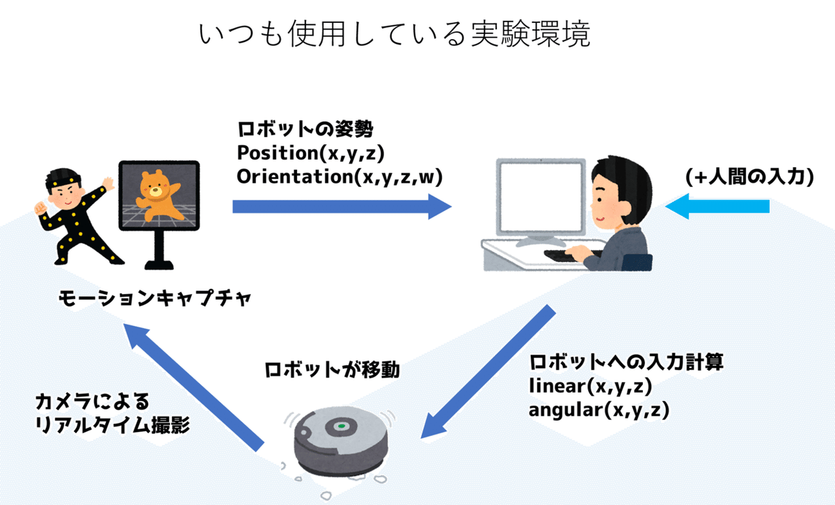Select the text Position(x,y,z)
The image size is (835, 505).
click(x=310, y=153)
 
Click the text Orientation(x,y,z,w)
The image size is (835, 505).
click(x=340, y=176)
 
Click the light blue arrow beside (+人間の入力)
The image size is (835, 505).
click(x=717, y=206)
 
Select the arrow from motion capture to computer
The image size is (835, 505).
click(x=341, y=206)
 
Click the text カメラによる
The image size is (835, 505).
click(x=93, y=401)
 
